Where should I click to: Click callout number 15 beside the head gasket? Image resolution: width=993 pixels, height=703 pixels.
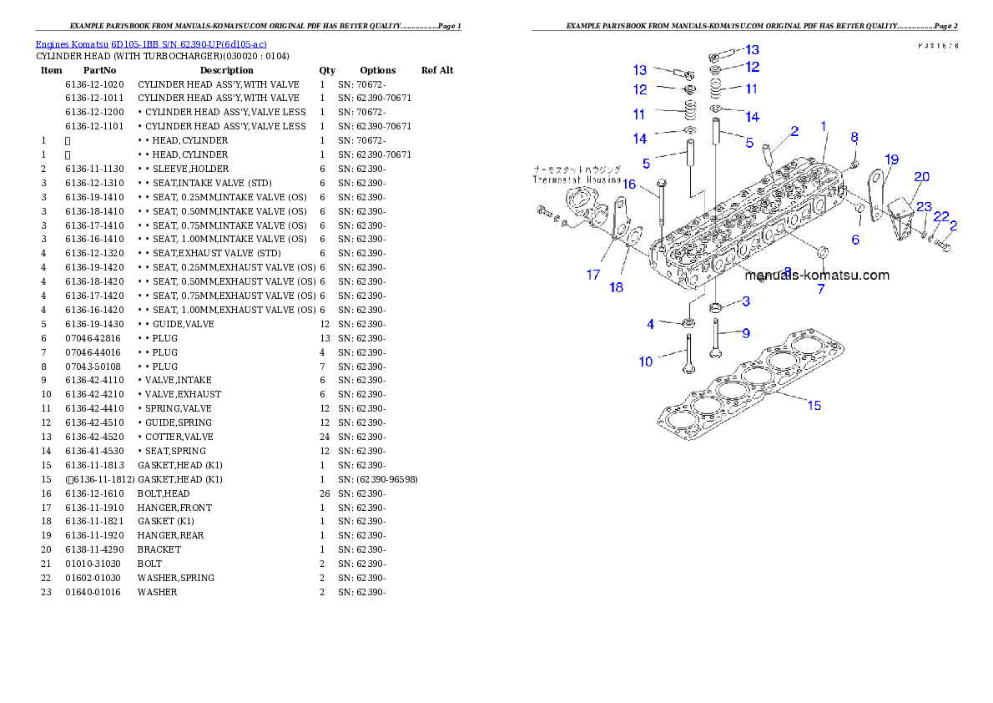coord(814,406)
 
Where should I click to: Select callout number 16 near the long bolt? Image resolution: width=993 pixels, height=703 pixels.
coord(628,184)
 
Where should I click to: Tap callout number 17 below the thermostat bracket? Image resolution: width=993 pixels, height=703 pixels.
coord(592,275)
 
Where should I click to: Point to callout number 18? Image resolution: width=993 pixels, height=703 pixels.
coord(616,288)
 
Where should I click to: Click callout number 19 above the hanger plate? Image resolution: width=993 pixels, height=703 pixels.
coord(892,159)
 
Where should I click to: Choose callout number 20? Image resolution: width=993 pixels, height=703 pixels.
coord(921,176)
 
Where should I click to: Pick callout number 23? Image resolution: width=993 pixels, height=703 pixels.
coord(924,207)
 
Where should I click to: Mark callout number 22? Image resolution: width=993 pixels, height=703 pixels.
coord(941,216)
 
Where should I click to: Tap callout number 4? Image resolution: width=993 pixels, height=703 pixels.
coord(651,324)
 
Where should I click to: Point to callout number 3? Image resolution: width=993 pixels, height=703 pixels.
coord(746,301)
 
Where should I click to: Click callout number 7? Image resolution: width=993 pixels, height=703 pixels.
coord(820,290)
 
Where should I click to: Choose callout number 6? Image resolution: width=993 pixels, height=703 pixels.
coord(855,240)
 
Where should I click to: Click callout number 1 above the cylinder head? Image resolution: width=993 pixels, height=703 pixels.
coord(824,126)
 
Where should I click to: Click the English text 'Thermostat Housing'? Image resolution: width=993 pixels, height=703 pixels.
coord(577,180)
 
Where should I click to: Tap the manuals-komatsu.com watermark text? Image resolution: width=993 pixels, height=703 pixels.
coord(817,275)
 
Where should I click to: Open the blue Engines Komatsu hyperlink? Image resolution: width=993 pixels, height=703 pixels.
coord(151,44)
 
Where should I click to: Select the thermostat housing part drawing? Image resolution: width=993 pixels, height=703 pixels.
coord(583,208)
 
